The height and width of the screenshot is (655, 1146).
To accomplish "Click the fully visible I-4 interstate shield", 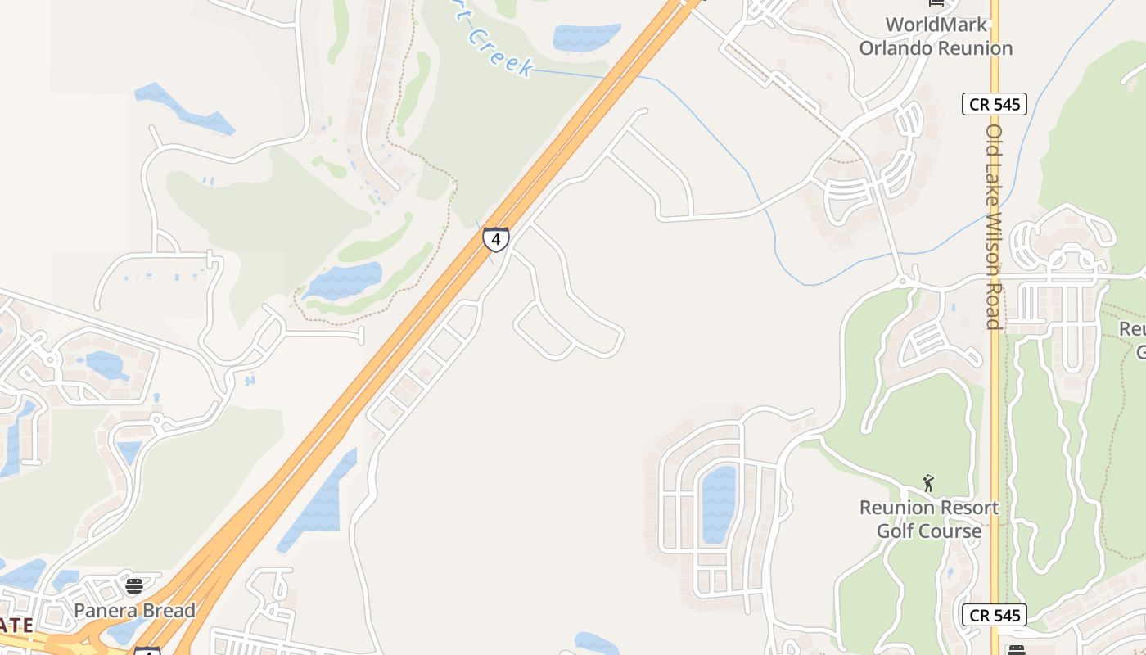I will click(495, 238).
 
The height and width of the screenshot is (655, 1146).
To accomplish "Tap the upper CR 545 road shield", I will click(994, 104).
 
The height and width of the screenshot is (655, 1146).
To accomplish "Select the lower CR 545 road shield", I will click(994, 615).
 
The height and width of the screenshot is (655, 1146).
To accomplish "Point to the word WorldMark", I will click(936, 25).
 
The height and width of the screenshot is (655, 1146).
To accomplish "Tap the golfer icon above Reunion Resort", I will click(928, 483).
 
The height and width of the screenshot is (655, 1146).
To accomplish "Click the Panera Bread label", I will click(134, 610).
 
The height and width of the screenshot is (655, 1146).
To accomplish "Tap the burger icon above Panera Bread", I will click(134, 585).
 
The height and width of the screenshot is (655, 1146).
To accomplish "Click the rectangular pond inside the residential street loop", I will click(719, 504).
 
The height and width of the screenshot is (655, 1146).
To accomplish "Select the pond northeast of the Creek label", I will click(585, 37).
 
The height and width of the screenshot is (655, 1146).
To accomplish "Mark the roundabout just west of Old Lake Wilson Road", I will click(905, 281).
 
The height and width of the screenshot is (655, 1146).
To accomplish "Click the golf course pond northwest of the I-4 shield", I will click(344, 281).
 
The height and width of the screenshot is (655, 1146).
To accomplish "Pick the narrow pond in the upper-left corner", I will click(184, 108).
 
